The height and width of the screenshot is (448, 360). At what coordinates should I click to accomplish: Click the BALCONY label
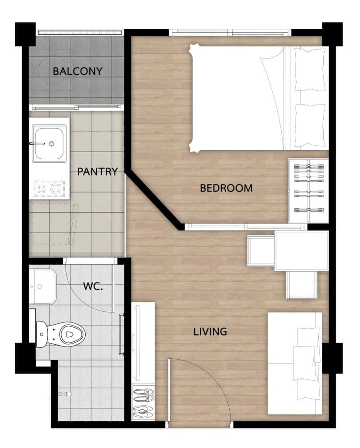[x=77, y=71]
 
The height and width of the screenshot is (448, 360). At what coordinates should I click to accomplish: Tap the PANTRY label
[x=98, y=171]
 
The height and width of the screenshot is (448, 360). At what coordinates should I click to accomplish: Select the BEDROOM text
[x=226, y=188]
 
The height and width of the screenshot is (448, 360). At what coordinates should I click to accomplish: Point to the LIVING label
[x=210, y=332]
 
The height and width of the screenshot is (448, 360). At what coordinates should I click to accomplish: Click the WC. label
[x=93, y=286]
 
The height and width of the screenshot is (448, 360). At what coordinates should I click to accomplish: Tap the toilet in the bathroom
[x=61, y=334]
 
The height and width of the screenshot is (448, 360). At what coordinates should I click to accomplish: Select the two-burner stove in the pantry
[x=49, y=189]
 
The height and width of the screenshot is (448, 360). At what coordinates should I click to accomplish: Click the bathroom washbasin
[x=42, y=287]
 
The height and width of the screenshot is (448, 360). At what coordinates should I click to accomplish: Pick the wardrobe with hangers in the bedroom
[x=308, y=191]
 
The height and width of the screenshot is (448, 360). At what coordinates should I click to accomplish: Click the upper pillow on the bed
[x=310, y=70]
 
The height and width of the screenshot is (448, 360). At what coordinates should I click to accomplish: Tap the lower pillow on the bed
[x=310, y=125]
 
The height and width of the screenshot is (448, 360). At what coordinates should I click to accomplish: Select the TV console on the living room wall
[x=143, y=343]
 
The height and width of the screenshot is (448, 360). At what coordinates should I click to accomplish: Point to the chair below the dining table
[x=302, y=285]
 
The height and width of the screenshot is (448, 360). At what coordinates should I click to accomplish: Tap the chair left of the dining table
[x=261, y=251]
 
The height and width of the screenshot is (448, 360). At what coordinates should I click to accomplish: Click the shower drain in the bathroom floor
[x=65, y=394]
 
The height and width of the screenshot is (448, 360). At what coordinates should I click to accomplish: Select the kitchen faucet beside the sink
[x=37, y=143]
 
